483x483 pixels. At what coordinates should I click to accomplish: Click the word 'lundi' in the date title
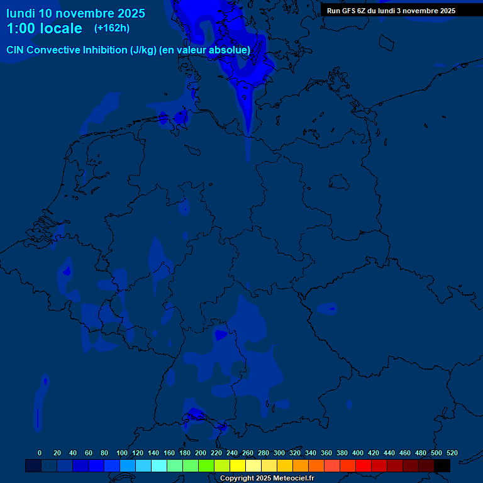tap(21, 13)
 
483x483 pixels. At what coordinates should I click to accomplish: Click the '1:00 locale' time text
tap(44, 28)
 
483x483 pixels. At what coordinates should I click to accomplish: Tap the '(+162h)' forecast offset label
tap(112, 28)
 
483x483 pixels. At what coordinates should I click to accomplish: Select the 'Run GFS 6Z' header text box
tap(391, 11)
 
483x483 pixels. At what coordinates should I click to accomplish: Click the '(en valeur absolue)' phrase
tap(205, 50)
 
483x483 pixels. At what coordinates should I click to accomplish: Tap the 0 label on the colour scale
tap(40, 453)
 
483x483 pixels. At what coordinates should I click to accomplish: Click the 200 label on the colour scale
tap(201, 453)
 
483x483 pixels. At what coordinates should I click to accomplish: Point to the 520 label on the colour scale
tap(452, 453)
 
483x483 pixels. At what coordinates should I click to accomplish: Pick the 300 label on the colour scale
tap(279, 453)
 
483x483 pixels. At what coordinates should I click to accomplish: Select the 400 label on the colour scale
tap(358, 453)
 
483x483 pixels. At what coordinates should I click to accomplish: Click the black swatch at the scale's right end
tap(442, 465)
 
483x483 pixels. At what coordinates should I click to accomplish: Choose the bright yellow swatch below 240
tap(238, 465)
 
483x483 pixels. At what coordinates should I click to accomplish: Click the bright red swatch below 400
tap(364, 465)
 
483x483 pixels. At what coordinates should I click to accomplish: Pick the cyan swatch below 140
tap(159, 465)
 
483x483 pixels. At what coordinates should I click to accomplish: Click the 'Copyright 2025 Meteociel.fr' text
tap(267, 478)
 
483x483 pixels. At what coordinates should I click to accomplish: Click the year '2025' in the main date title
tap(131, 13)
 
